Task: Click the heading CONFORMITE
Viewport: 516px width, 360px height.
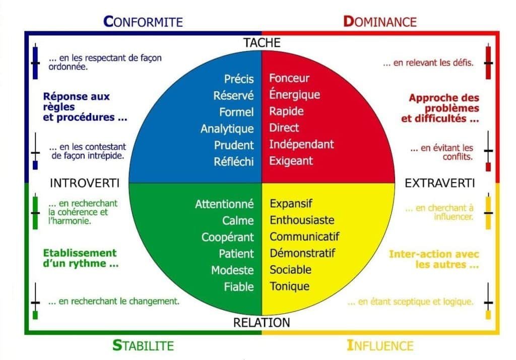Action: tap(143, 21)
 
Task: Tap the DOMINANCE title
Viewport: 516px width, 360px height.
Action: tap(380, 21)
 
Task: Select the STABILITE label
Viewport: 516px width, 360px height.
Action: tap(143, 345)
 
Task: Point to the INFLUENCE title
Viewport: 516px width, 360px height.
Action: tap(380, 345)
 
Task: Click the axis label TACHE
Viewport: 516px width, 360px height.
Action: tap(262, 43)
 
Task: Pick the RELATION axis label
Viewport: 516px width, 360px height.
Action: tap(262, 323)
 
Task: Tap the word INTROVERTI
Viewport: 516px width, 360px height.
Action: tap(85, 183)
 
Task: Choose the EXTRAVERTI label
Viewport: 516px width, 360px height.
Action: tap(440, 183)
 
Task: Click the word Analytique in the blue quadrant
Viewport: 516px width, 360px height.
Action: tap(227, 129)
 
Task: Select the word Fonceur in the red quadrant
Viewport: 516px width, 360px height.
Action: tap(289, 78)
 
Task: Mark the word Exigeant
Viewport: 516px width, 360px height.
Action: tap(291, 161)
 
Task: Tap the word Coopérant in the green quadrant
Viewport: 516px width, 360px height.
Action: tap(228, 237)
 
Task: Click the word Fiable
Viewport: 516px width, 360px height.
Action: tap(239, 287)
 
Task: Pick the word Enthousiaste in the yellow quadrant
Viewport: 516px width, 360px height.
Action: tap(302, 220)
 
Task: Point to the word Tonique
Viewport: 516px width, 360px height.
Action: tap(290, 286)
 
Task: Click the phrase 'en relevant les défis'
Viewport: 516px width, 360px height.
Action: tap(428, 63)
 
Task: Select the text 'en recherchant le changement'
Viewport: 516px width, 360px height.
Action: tap(114, 302)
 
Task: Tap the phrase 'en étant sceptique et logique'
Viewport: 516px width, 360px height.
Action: tap(411, 302)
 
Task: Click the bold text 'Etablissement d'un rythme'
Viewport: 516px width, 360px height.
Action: tap(80, 258)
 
